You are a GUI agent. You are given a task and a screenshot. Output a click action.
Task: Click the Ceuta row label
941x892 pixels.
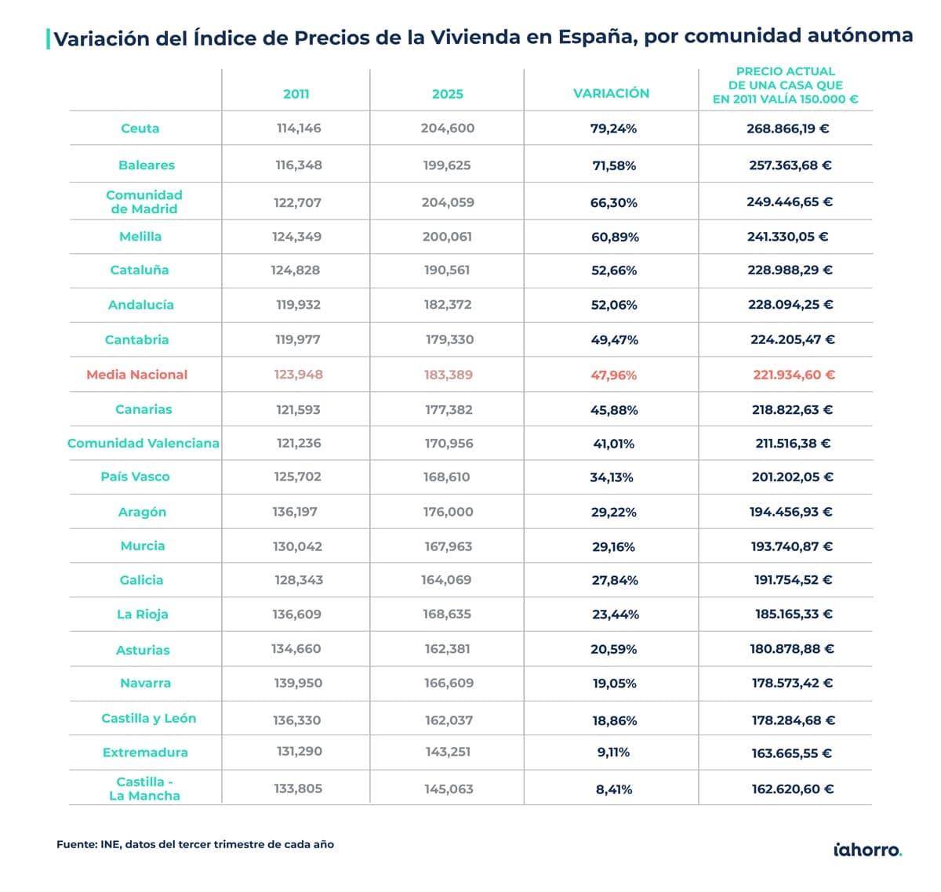pyautogui.click(x=140, y=129)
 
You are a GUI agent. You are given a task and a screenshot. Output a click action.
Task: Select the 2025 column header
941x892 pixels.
pyautogui.click(x=447, y=94)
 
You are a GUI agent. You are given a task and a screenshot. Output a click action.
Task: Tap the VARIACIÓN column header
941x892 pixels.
pyautogui.click(x=611, y=93)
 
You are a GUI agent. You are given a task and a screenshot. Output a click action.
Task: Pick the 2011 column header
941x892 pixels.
pyautogui.click(x=296, y=94)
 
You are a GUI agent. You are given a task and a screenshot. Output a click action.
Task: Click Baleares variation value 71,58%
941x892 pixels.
pyautogui.click(x=613, y=165)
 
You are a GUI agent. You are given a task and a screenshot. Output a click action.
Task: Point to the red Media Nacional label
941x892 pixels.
pyautogui.click(x=136, y=375)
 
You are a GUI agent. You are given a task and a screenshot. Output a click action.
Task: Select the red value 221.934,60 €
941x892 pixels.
pyautogui.click(x=794, y=375)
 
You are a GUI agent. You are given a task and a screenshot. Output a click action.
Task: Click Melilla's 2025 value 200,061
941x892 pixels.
pyautogui.click(x=447, y=237)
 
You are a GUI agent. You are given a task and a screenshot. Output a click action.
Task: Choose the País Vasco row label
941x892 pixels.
pyautogui.click(x=135, y=477)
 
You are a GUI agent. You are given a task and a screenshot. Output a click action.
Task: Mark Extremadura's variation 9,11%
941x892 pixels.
pyautogui.click(x=613, y=752)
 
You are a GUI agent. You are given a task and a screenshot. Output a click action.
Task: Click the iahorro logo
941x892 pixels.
pyautogui.click(x=867, y=850)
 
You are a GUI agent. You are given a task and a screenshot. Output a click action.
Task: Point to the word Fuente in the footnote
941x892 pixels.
pyautogui.click(x=76, y=844)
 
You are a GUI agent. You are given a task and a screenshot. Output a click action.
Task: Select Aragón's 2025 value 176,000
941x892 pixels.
pyautogui.click(x=448, y=512)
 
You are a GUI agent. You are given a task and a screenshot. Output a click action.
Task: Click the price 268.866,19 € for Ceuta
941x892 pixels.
pyautogui.click(x=787, y=129)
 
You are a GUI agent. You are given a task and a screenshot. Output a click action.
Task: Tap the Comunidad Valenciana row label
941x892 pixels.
pyautogui.click(x=143, y=444)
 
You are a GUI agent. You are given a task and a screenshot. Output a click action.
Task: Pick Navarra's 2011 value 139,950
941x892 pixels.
pyautogui.click(x=298, y=684)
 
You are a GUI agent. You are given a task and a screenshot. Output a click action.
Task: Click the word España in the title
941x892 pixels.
pyautogui.click(x=595, y=37)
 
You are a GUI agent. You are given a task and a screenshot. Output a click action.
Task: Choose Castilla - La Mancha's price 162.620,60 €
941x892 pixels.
pyautogui.click(x=792, y=789)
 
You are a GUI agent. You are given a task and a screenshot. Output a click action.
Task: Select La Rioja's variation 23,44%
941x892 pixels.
pyautogui.click(x=615, y=615)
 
